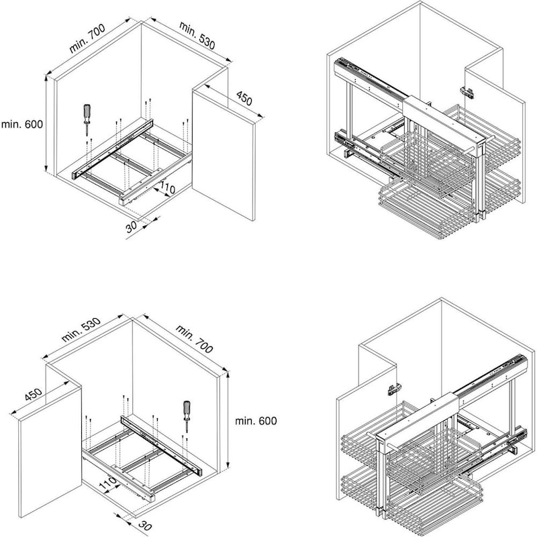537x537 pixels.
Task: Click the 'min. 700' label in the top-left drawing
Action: coord(87,38)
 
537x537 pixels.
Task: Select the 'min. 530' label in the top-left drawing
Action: coord(197,36)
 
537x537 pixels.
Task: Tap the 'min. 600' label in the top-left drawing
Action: coord(22,124)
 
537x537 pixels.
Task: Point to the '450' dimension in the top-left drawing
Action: coord(244,98)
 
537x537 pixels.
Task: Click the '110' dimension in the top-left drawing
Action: coord(166,188)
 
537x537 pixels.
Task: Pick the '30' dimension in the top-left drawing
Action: coord(131,226)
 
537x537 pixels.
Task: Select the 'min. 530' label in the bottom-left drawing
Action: coord(81,330)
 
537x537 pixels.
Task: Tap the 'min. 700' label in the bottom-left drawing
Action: coord(194,339)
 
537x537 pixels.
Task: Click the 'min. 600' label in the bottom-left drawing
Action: coord(256,421)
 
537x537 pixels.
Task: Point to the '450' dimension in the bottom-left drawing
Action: coord(33,395)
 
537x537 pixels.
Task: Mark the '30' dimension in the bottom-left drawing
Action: coord(145,526)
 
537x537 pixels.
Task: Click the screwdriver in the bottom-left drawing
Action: coord(187,416)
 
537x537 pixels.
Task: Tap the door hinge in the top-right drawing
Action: coord(467,91)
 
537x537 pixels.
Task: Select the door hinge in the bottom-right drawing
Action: coord(394,389)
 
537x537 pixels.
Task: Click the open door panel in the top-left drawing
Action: coord(224,155)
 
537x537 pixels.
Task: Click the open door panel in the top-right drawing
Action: coord(495,134)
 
